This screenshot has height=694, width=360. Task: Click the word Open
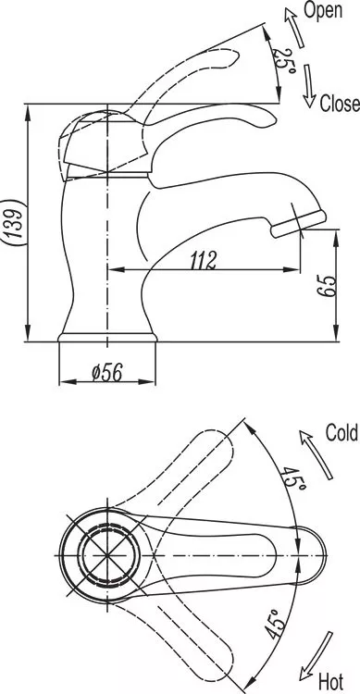323,10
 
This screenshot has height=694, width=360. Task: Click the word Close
340,104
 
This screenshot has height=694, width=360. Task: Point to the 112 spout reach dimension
205,260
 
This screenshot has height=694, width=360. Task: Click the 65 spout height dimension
326,286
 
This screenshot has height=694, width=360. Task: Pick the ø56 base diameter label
107,373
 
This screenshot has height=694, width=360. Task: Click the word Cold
341,432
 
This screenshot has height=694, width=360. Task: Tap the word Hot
330,682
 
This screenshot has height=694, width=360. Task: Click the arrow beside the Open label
295,27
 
